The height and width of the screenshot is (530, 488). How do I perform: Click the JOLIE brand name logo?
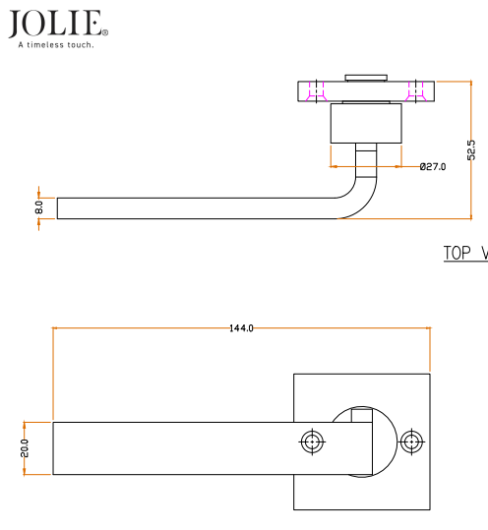(56, 23)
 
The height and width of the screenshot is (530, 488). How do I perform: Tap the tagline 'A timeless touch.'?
(56, 44)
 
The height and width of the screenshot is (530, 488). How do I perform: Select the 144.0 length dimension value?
(241, 327)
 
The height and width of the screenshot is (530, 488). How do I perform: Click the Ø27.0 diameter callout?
(432, 167)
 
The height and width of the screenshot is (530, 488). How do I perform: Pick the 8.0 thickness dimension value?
(39, 207)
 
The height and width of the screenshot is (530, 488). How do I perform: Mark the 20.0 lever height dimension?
(25, 448)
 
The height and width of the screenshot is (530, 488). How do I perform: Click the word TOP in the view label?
(458, 253)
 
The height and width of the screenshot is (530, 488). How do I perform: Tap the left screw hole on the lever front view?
(313, 442)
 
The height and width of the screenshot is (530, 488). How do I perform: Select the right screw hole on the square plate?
(410, 442)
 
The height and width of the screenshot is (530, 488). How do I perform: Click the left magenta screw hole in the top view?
(317, 91)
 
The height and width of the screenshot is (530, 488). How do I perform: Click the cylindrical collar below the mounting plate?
(366, 124)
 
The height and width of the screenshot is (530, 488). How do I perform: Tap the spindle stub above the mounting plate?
(366, 77)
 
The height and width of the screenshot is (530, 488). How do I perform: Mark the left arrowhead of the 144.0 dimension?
(56, 327)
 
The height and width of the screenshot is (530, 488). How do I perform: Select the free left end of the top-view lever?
(59, 207)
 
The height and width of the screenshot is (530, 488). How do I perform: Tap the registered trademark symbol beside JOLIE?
(105, 32)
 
